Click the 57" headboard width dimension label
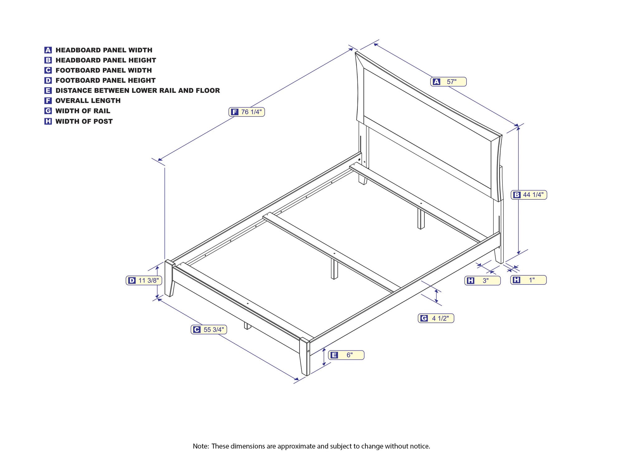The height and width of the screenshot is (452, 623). (448, 82)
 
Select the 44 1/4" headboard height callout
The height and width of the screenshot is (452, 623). (529, 195)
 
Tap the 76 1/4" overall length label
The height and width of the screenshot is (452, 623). (247, 112)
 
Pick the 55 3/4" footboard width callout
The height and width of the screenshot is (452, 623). (209, 329)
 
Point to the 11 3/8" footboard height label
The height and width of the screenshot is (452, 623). (144, 280)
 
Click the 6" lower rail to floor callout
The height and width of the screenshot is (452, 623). (346, 355)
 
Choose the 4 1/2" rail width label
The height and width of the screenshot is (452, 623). (436, 318)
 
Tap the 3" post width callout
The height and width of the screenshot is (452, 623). (483, 280)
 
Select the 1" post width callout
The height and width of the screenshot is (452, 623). (528, 280)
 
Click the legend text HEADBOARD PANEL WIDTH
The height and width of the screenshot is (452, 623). (104, 50)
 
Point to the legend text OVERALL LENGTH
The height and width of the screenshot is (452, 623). (88, 101)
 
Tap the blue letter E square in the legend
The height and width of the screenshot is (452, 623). (48, 91)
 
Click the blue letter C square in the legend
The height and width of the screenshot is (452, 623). (48, 70)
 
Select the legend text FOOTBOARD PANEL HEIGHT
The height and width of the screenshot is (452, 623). (106, 80)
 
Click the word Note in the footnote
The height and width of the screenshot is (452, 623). (201, 446)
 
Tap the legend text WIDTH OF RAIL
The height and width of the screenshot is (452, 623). (83, 111)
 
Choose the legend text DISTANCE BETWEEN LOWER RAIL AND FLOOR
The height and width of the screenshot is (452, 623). (138, 91)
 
